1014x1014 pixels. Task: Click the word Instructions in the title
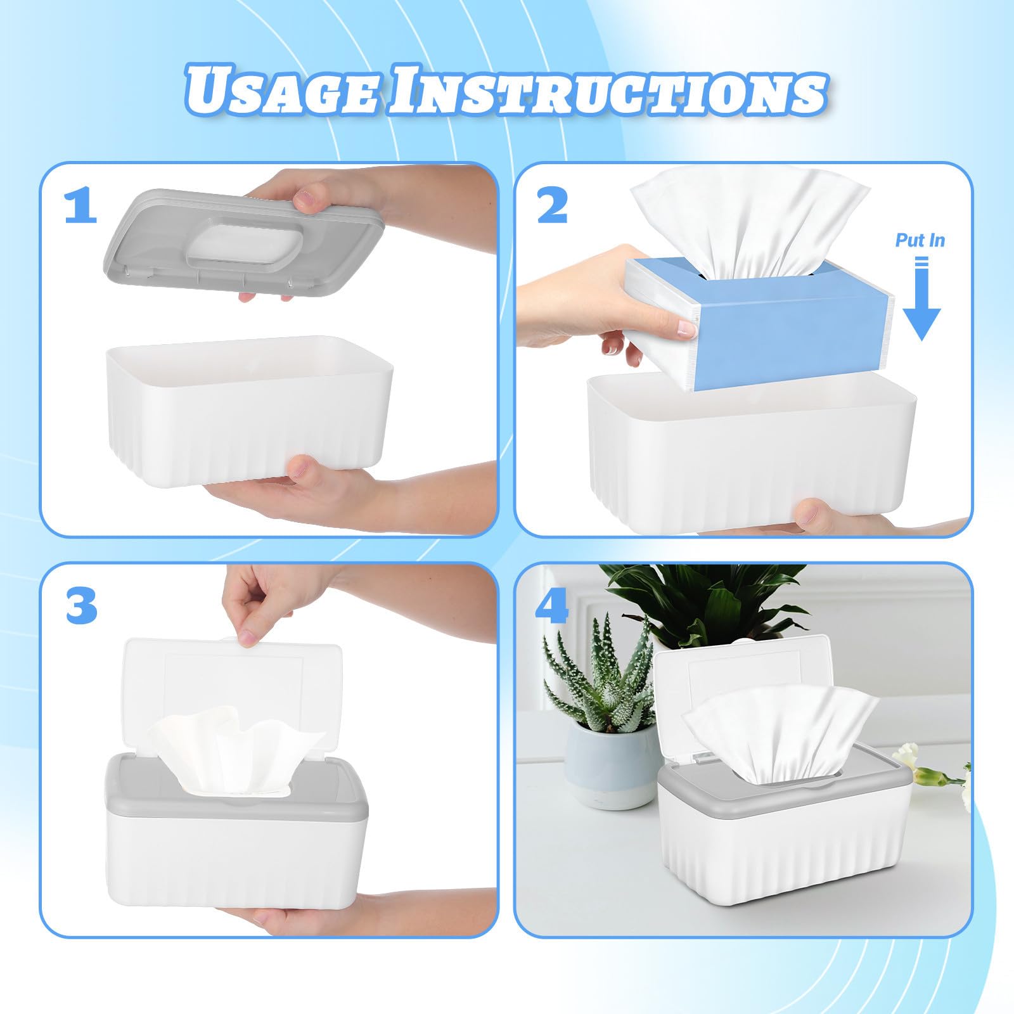(x=607, y=91)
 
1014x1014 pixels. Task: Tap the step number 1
(x=80, y=207)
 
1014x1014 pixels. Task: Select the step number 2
(x=553, y=207)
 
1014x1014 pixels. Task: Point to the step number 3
(x=81, y=606)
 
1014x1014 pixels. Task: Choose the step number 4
(x=552, y=606)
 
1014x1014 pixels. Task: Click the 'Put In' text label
(x=920, y=240)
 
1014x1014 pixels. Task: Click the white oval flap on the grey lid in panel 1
(x=242, y=244)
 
